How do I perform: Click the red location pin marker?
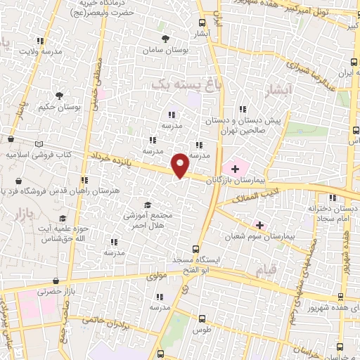pos(181,165)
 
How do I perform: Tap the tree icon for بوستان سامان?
pos(165,39)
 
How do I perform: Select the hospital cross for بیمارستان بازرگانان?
pos(234,168)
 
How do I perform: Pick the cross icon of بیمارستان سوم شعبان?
pos(260,225)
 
